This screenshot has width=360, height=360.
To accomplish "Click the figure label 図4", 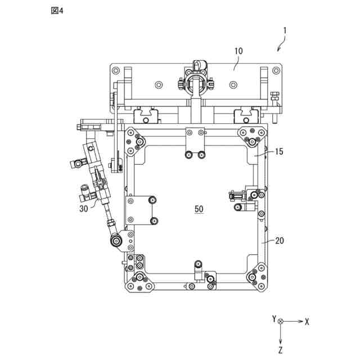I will point(57,12).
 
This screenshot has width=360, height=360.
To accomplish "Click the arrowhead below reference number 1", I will point(277,50).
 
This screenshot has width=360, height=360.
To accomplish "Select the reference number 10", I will point(238,51).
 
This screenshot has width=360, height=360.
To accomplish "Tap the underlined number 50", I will point(199,209).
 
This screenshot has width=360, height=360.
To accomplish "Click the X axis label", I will point(307,322).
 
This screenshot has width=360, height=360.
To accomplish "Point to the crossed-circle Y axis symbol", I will point(281,322).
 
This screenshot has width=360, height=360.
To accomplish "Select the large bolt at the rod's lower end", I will point(116,241).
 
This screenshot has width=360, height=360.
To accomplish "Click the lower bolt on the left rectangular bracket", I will point(152,220).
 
